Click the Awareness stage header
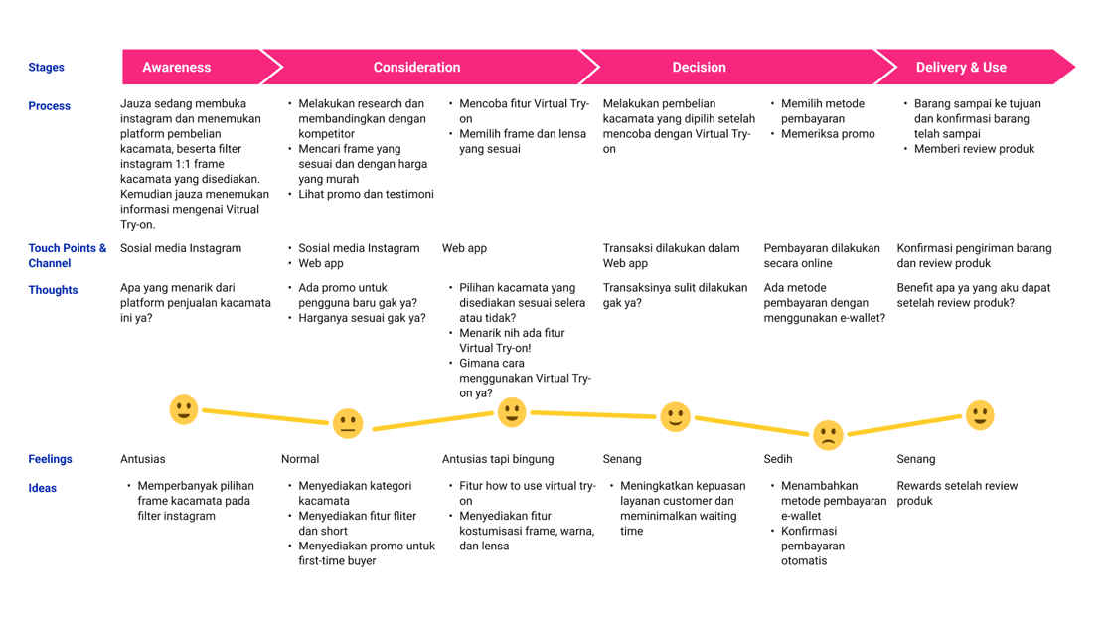click(177, 68)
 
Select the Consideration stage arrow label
click(416, 68)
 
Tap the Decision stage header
click(699, 68)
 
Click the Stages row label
click(47, 68)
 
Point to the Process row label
click(50, 106)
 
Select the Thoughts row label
click(54, 290)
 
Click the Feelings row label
click(51, 459)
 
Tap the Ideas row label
click(43, 488)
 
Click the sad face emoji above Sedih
click(828, 435)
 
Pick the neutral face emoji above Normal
click(347, 424)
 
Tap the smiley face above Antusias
click(184, 409)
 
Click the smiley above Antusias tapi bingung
click(512, 411)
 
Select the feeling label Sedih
click(779, 459)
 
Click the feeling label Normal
click(300, 459)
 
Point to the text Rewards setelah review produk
click(957, 493)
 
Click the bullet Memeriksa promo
click(828, 134)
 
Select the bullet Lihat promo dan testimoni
click(366, 195)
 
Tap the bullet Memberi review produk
click(974, 149)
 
